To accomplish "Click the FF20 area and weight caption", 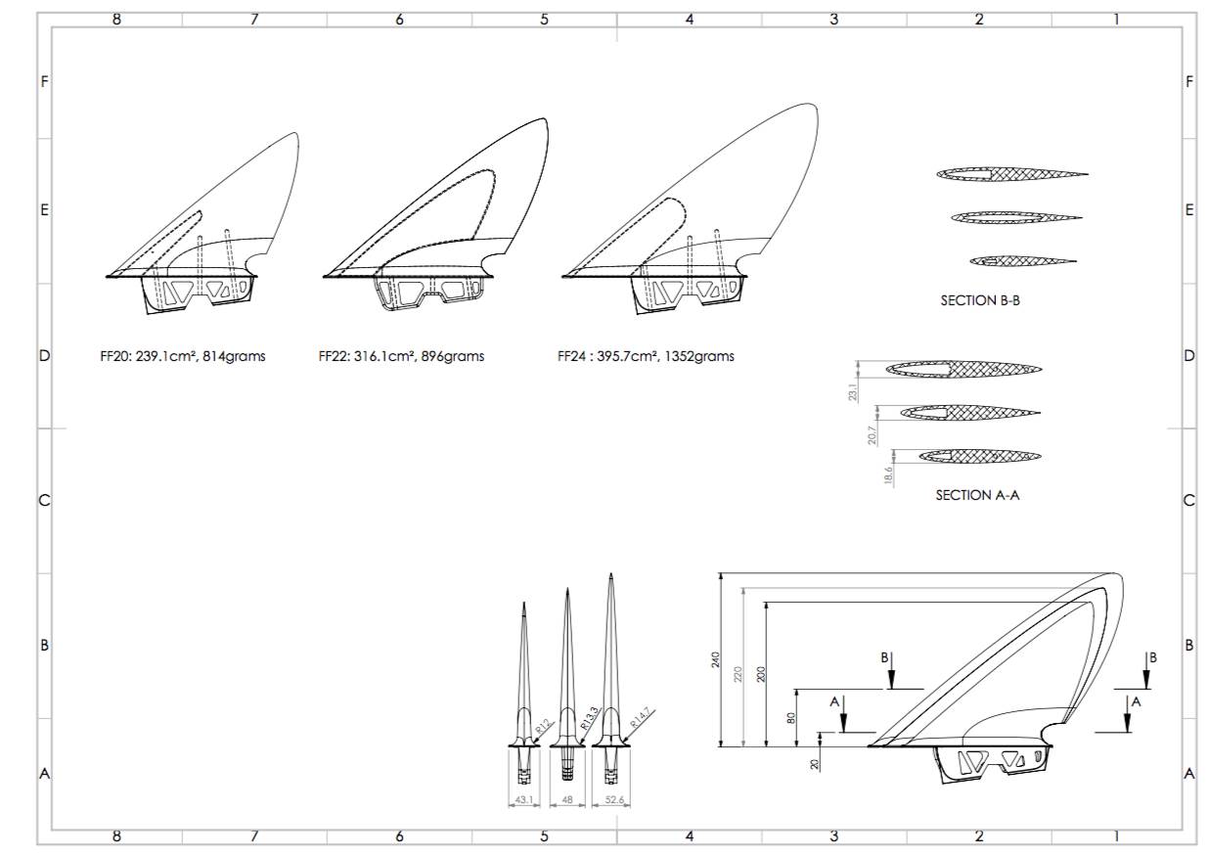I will pyautogui.click(x=183, y=356).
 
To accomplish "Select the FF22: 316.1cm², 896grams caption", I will pyautogui.click(x=401, y=356).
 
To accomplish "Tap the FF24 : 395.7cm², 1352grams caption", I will pyautogui.click(x=646, y=356).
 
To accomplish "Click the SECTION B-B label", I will pyautogui.click(x=980, y=301).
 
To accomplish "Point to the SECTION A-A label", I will pyautogui.click(x=977, y=495).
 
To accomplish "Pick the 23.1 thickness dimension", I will pyautogui.click(x=853, y=391).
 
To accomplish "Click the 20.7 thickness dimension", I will pyautogui.click(x=872, y=434).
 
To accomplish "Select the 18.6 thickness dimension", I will pyautogui.click(x=888, y=476).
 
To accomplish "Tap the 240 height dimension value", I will pyautogui.click(x=715, y=661).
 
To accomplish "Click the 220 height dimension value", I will pyautogui.click(x=739, y=674).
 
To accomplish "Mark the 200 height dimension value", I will pyautogui.click(x=761, y=674).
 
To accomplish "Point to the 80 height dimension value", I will pyautogui.click(x=790, y=718).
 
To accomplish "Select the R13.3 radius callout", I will pyautogui.click(x=590, y=721).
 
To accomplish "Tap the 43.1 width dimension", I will pyautogui.click(x=523, y=801).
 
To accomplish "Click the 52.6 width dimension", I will pyautogui.click(x=613, y=801).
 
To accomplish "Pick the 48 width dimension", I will pyautogui.click(x=566, y=801).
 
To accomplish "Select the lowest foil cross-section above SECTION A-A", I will pyautogui.click(x=968, y=456).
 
